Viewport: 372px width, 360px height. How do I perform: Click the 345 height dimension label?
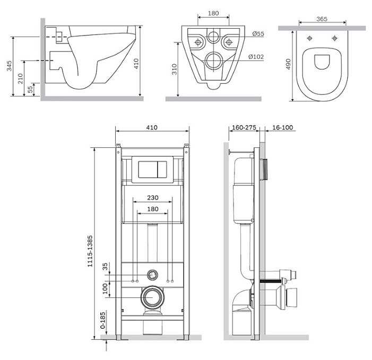click(9, 66)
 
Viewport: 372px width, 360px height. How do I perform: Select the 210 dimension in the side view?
click(21, 78)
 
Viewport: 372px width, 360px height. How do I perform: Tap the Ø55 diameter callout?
click(258, 34)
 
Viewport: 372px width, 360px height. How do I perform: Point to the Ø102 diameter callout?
click(256, 57)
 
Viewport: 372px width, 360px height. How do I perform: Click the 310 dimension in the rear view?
click(175, 69)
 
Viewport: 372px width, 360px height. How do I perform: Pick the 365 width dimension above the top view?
click(322, 19)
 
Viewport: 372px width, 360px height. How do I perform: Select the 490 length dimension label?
click(288, 64)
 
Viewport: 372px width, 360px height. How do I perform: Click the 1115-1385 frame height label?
click(90, 251)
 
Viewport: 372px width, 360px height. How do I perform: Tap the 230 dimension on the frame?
click(152, 198)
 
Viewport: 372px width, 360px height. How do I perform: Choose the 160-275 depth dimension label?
click(244, 127)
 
